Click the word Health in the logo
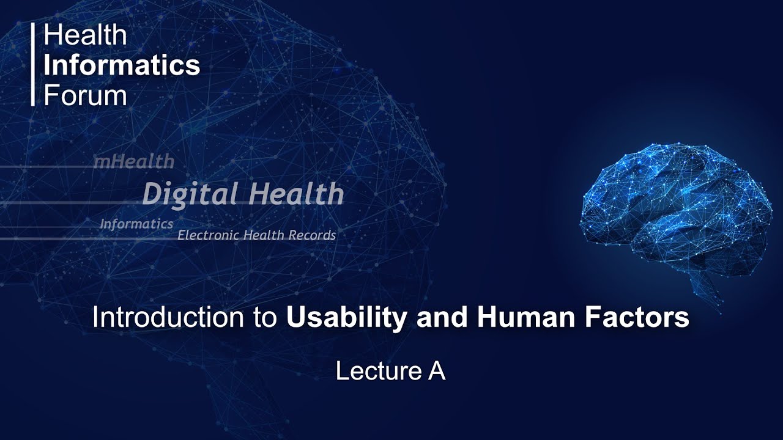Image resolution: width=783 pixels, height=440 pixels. coord(85,36)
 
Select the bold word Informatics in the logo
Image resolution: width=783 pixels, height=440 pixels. coord(122,65)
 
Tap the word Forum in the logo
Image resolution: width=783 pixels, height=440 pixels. coord(85,95)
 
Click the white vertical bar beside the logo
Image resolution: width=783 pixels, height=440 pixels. coord(33,65)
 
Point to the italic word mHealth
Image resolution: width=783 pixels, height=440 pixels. coord(133,162)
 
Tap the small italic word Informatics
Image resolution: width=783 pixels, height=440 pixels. coord(136,224)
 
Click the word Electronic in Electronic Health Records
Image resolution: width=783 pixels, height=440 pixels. coord(207,235)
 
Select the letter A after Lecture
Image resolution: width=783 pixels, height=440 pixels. coord(436,372)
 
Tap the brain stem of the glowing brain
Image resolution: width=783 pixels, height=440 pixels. coord(703,284)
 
